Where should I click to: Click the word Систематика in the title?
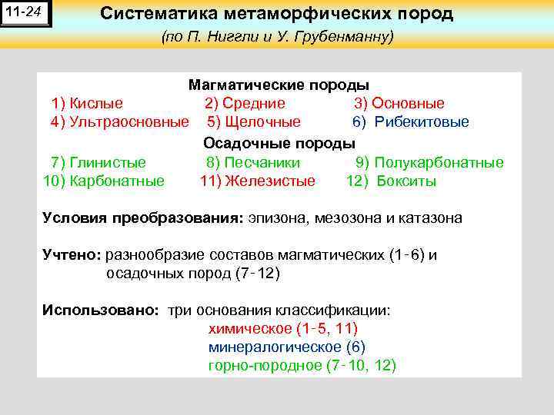(155, 15)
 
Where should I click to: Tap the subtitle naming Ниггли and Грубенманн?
(278, 37)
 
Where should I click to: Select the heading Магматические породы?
(279, 85)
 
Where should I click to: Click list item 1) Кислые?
(87, 103)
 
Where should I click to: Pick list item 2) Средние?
(245, 103)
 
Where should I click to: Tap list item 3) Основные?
(399, 103)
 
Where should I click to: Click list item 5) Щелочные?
(254, 122)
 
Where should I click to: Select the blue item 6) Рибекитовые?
(410, 122)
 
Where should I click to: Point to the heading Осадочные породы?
(279, 143)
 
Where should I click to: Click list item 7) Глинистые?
(98, 162)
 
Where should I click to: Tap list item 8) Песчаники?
(253, 162)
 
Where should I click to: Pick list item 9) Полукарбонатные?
(429, 162)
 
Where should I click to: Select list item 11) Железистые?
(257, 181)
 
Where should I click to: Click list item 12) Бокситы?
(391, 181)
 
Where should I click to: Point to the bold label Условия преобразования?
(142, 217)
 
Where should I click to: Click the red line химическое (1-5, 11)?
(282, 329)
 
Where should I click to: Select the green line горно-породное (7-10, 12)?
(302, 366)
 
